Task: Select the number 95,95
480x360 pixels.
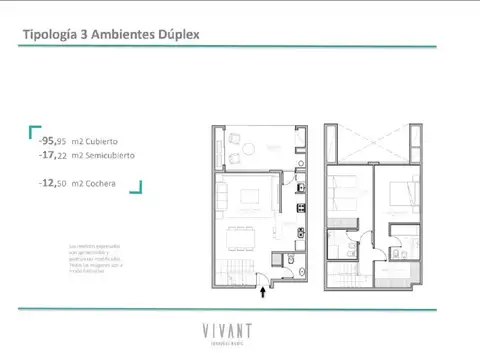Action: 53,141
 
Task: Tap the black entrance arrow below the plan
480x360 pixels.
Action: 264,291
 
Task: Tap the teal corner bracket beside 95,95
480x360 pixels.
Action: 34,130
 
